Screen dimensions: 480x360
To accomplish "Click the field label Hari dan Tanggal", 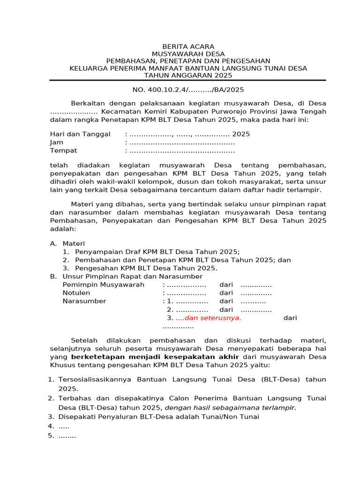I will tap(80, 134).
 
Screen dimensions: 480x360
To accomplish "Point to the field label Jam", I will tap(57, 142).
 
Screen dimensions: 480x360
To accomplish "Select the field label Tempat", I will tap(64, 151).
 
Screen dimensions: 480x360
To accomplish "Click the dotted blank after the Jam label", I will tap(182, 142).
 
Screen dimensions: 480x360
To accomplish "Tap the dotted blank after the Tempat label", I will tap(182, 151).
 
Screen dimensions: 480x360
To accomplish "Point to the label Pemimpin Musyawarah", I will tap(104, 285).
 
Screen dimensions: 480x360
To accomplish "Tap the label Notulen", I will tap(76, 293).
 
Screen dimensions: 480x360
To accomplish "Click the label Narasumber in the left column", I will tap(84, 301).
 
